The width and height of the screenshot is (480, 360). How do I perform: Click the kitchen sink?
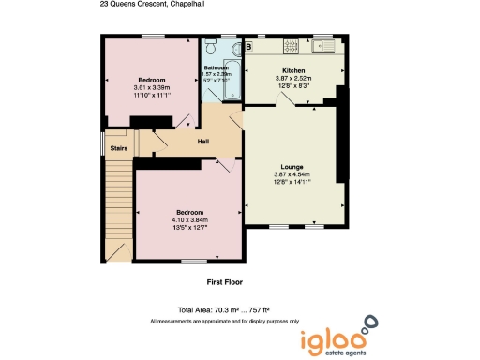tap(326, 44)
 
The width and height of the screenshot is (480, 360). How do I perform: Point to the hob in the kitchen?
tap(292, 44)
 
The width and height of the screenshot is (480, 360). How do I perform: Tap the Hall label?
tap(202, 142)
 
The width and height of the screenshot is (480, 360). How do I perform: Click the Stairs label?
tap(119, 146)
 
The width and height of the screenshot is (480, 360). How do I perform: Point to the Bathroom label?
tap(217, 68)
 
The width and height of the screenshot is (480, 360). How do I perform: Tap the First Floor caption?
tap(226, 281)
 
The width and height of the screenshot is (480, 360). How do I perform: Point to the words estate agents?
tap(335, 353)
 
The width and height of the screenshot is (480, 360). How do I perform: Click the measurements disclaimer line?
tap(225, 321)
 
